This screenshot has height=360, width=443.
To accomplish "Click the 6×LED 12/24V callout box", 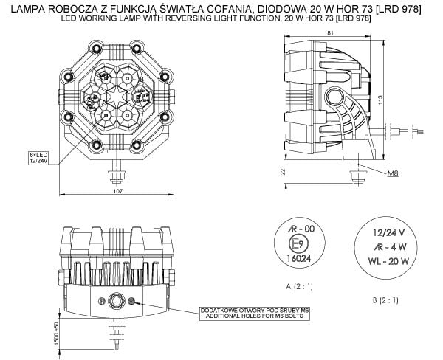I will click(x=37, y=157).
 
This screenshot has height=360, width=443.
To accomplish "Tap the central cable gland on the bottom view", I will click(x=115, y=300).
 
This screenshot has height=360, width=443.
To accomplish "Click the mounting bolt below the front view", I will click(x=114, y=175).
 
